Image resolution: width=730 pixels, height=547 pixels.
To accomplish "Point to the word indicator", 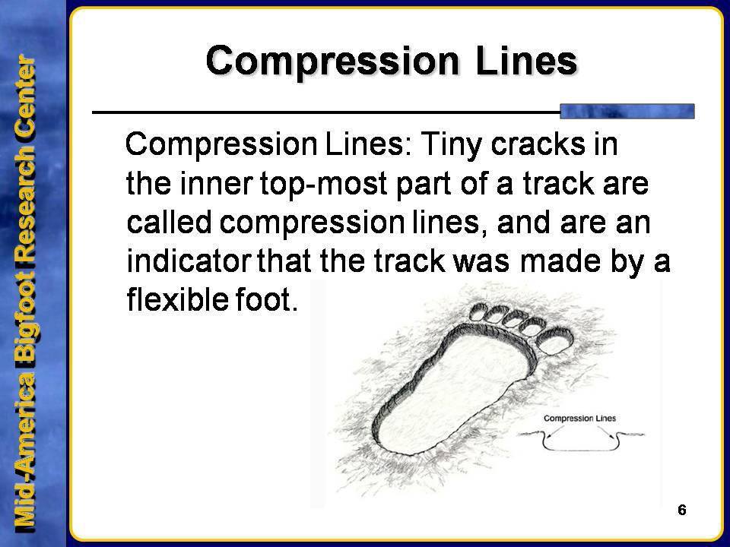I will click(183, 263).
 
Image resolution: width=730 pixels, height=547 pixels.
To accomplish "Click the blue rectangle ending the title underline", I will click(627, 111).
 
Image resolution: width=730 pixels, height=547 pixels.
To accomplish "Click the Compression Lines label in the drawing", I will click(581, 418).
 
